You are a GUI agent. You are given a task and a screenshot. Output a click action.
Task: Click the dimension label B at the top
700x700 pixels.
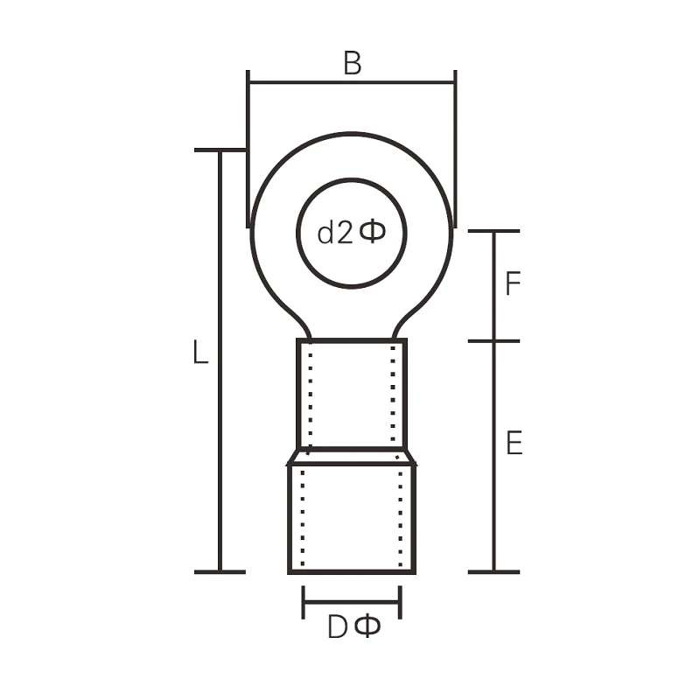352,63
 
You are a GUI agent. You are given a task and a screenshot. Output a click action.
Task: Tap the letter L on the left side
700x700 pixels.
200,353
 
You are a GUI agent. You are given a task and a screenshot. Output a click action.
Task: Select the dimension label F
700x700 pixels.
514,284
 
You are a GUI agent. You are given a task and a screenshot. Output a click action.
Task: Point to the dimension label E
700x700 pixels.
514,444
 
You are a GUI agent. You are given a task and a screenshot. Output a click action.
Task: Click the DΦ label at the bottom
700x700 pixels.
354,627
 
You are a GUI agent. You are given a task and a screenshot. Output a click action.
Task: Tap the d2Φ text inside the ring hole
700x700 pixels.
351,233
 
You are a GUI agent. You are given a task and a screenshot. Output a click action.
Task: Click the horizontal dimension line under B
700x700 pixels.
352,83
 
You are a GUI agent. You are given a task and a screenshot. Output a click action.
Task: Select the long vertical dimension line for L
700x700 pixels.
219,367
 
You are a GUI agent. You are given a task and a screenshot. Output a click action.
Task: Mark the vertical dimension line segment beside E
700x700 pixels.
494,455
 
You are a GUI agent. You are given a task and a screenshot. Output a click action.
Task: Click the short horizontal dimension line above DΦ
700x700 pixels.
352,602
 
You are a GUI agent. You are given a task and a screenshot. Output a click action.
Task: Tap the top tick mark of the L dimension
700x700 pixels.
219,150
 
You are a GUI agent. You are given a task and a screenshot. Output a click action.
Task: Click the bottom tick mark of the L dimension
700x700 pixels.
219,572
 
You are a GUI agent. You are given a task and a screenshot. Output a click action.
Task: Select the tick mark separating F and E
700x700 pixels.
494,341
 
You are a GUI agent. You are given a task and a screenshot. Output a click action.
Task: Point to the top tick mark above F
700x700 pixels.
494,231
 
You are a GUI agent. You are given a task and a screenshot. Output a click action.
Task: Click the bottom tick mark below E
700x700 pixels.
494,572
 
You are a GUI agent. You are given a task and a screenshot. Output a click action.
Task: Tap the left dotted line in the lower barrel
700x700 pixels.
302,516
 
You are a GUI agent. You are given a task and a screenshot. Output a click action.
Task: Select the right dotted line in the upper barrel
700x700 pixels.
393,394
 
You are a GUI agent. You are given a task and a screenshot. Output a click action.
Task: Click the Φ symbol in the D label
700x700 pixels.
369,627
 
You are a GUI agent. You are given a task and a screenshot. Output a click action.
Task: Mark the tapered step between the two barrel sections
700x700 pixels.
352,457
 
